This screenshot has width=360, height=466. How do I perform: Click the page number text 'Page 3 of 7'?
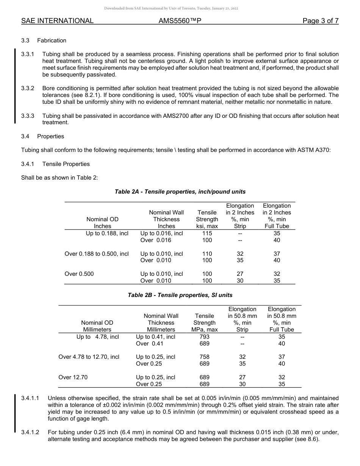click(x=320, y=21)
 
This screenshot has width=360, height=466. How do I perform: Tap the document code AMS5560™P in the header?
click(x=180, y=21)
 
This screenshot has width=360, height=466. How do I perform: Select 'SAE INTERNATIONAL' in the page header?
click(x=57, y=21)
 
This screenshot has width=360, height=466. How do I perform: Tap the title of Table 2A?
click(x=180, y=192)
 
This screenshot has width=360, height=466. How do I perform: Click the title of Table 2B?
click(x=180, y=295)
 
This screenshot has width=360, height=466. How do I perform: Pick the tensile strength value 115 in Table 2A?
click(x=207, y=233)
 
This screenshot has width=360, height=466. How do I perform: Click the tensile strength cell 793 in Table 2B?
click(x=204, y=336)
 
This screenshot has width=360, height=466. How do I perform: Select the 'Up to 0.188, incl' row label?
click(x=107, y=233)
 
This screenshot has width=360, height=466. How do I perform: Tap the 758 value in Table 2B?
click(x=204, y=357)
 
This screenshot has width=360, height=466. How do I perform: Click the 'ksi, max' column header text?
click(x=207, y=226)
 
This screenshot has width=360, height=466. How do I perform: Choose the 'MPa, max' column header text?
click(x=204, y=330)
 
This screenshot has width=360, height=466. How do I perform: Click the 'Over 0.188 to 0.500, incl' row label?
click(x=97, y=254)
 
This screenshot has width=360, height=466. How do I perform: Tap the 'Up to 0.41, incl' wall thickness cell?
click(x=155, y=336)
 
